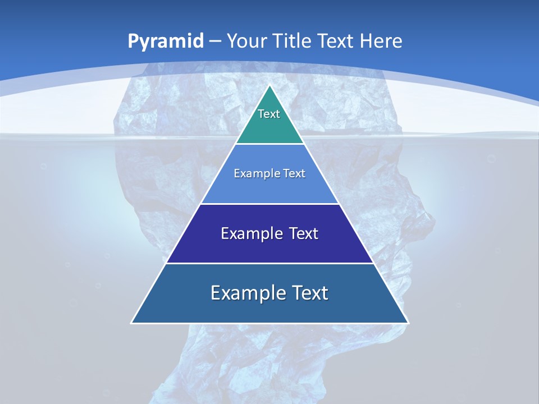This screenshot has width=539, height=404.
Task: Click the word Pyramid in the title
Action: [165, 41]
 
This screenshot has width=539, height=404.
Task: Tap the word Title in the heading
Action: [293, 41]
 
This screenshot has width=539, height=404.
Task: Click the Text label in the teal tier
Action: [269, 114]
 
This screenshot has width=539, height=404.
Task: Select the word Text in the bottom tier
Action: [307, 293]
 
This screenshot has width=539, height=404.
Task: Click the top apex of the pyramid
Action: [270, 86]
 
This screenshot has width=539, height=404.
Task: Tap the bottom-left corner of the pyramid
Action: [132, 323]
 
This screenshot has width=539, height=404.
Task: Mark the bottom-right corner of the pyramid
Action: [408, 323]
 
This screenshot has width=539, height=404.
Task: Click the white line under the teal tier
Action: [270, 144]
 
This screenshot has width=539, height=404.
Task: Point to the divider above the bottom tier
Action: [270, 263]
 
